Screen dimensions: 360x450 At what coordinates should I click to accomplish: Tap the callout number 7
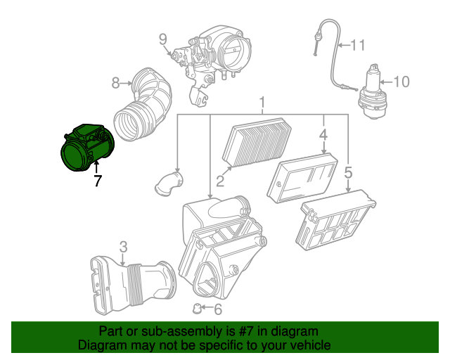[x=98, y=181]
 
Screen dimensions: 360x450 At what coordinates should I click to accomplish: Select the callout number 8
[x=117, y=83]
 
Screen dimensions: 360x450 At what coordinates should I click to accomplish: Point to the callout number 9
[x=162, y=39]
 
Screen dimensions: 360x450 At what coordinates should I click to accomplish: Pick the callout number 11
[x=359, y=46]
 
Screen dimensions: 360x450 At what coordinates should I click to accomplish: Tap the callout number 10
[x=400, y=82]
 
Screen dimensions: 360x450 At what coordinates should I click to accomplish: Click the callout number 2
[x=219, y=181]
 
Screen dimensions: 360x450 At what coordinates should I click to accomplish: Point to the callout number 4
[x=323, y=134]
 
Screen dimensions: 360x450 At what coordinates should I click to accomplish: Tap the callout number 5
[x=348, y=172]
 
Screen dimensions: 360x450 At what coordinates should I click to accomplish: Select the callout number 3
[x=123, y=246]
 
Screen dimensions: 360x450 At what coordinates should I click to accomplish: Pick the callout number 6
[x=217, y=309]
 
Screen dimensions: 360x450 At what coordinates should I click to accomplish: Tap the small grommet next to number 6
[x=199, y=307]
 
